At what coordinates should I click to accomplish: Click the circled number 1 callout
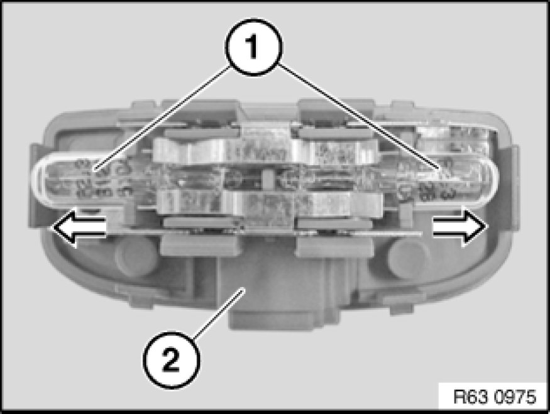point(253,47)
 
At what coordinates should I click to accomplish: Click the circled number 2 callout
point(171,360)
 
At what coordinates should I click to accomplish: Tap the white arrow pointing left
point(79,227)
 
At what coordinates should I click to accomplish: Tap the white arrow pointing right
point(460,226)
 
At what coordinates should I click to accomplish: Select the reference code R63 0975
point(495,397)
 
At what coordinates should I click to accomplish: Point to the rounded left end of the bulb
point(41,180)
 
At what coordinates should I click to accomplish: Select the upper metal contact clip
point(265,149)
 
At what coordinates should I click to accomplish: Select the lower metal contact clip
point(270,204)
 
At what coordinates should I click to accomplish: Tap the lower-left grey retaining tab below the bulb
point(201,245)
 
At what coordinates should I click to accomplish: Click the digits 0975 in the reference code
point(515,397)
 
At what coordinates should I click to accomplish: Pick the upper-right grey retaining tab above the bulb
point(334,133)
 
